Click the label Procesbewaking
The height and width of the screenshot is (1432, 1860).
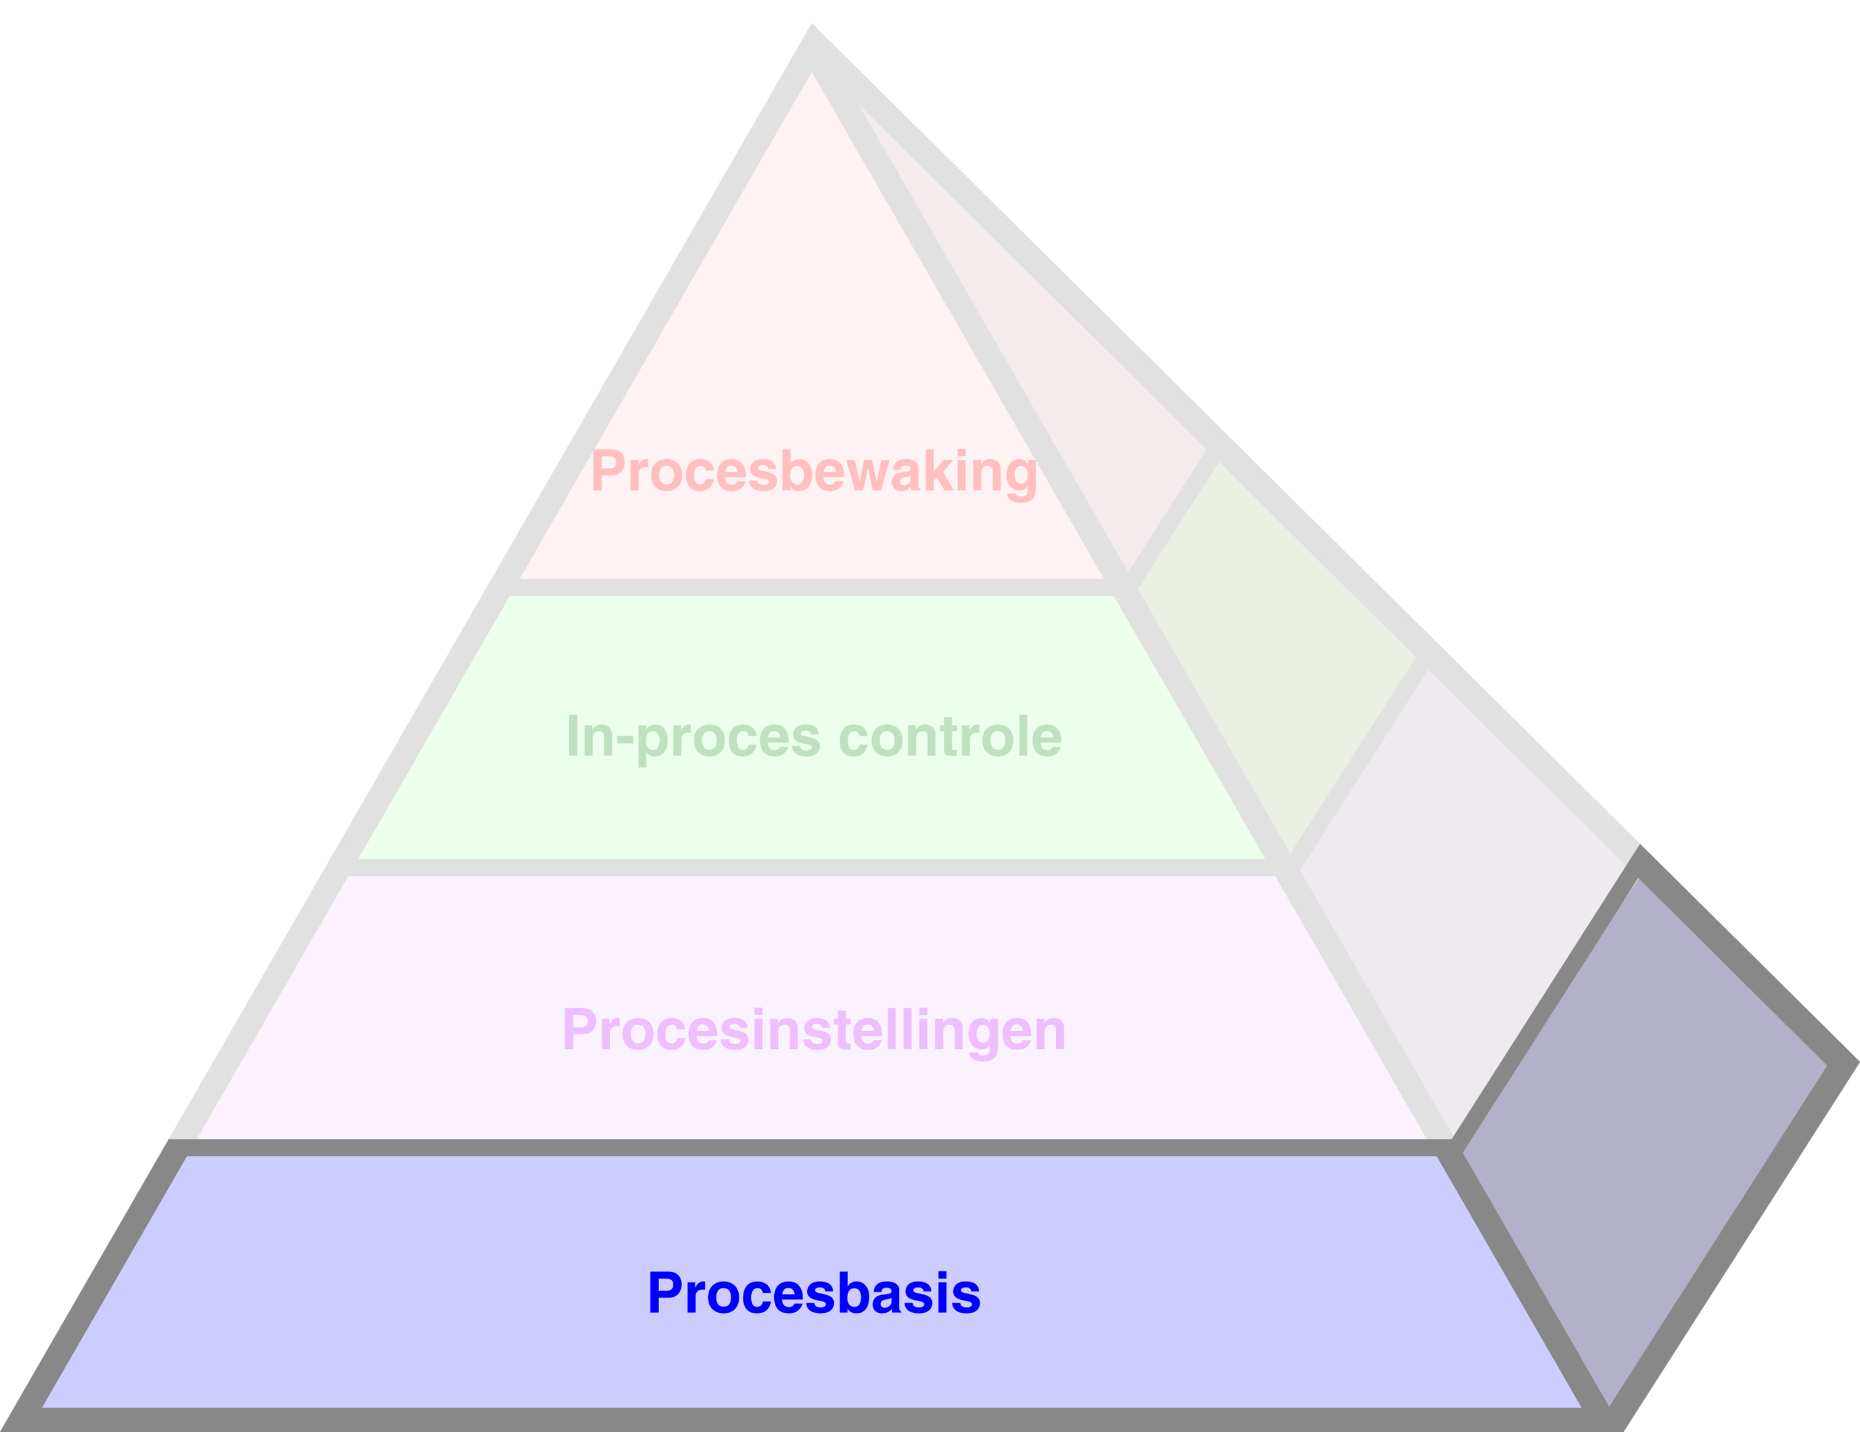(813, 471)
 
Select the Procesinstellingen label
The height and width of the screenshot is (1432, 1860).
(813, 1031)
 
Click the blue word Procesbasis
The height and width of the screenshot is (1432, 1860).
(813, 1293)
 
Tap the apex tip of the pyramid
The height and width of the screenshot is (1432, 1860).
(811, 27)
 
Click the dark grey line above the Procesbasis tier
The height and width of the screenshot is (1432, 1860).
(813, 1147)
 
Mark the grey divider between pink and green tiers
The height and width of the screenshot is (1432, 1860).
(813, 587)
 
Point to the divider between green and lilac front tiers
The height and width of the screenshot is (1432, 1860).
(813, 867)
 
